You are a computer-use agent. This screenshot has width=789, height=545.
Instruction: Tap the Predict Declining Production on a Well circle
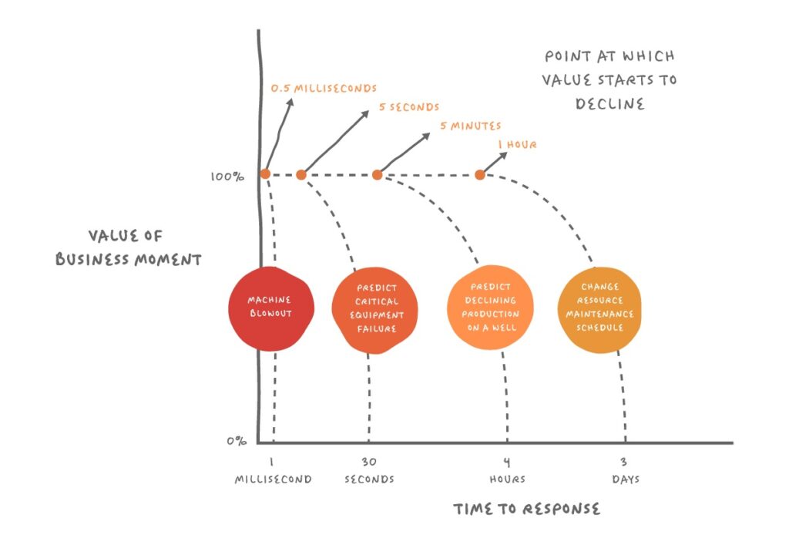[490, 308]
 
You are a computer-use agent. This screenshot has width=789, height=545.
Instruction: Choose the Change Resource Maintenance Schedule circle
[599, 307]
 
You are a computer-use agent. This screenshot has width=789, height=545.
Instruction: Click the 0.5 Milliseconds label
[324, 89]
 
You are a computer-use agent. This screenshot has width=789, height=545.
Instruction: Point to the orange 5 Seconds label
[408, 107]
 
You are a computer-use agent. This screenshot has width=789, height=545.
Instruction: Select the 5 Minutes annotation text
[470, 126]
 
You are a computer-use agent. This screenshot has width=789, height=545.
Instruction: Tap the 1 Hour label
[517, 144]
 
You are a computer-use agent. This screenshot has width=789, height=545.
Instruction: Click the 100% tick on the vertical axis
[227, 177]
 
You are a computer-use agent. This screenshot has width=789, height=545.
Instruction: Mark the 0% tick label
[237, 442]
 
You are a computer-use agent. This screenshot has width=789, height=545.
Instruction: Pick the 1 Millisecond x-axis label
[273, 471]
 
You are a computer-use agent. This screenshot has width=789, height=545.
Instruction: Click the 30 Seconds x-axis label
[368, 471]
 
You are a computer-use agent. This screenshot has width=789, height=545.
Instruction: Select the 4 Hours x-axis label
[507, 471]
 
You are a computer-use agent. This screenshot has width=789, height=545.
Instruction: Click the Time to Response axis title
[526, 509]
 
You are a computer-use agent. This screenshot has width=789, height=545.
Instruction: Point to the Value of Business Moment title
[128, 247]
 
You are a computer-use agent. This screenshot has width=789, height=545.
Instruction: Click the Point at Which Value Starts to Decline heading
[609, 79]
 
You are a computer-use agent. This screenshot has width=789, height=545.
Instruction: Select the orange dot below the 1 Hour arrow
[480, 175]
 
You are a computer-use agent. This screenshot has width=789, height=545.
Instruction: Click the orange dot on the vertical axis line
[265, 174]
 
